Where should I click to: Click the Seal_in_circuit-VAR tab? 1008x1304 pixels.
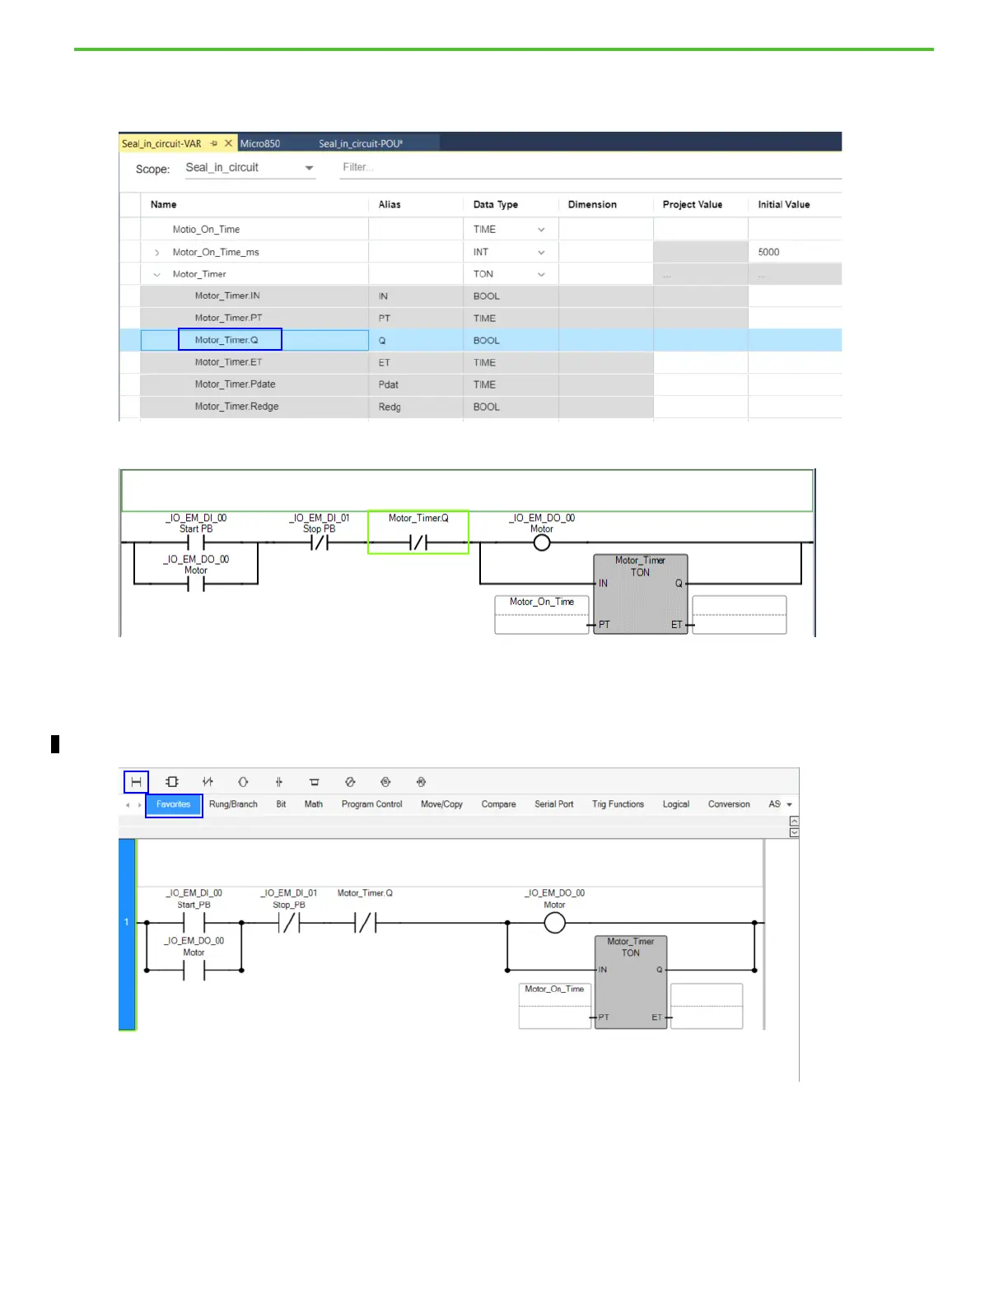(161, 143)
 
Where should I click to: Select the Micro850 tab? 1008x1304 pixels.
(260, 143)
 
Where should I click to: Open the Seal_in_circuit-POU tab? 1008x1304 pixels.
(361, 143)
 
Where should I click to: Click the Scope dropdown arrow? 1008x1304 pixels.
(310, 168)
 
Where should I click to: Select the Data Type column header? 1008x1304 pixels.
(496, 204)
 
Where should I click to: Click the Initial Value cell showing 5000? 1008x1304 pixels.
(793, 252)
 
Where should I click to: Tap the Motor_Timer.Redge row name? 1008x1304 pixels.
(236, 407)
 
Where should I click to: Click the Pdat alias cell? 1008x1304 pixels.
(389, 384)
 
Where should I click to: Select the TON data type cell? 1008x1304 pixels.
(484, 274)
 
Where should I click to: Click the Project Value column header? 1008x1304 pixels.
(693, 204)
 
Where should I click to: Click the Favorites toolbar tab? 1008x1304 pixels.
(174, 804)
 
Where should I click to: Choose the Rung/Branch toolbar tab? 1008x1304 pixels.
(233, 804)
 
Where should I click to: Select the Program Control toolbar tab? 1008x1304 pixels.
(372, 804)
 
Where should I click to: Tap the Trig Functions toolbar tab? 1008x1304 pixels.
(618, 804)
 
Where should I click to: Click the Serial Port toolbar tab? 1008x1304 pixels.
(554, 804)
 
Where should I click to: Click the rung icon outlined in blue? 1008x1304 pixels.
(137, 781)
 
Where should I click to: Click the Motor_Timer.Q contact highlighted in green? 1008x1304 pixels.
(418, 542)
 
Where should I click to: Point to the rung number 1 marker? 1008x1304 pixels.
(127, 922)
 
